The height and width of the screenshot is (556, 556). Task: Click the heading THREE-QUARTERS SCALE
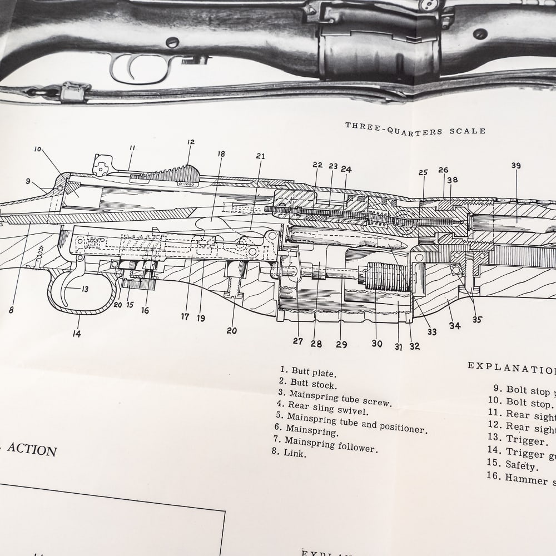pyautogui.click(x=415, y=128)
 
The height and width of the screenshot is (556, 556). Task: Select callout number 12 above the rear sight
pyautogui.click(x=191, y=142)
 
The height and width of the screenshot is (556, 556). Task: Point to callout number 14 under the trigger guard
pyautogui.click(x=77, y=334)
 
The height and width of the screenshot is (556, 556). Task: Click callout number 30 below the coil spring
pyautogui.click(x=377, y=344)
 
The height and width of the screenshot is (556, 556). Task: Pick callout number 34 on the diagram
pyautogui.click(x=455, y=326)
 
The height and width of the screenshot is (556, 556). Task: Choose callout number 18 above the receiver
pyautogui.click(x=221, y=154)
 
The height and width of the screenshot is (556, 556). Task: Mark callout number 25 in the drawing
pyautogui.click(x=423, y=173)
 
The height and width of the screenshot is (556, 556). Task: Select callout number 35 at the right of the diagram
pyautogui.click(x=477, y=319)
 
